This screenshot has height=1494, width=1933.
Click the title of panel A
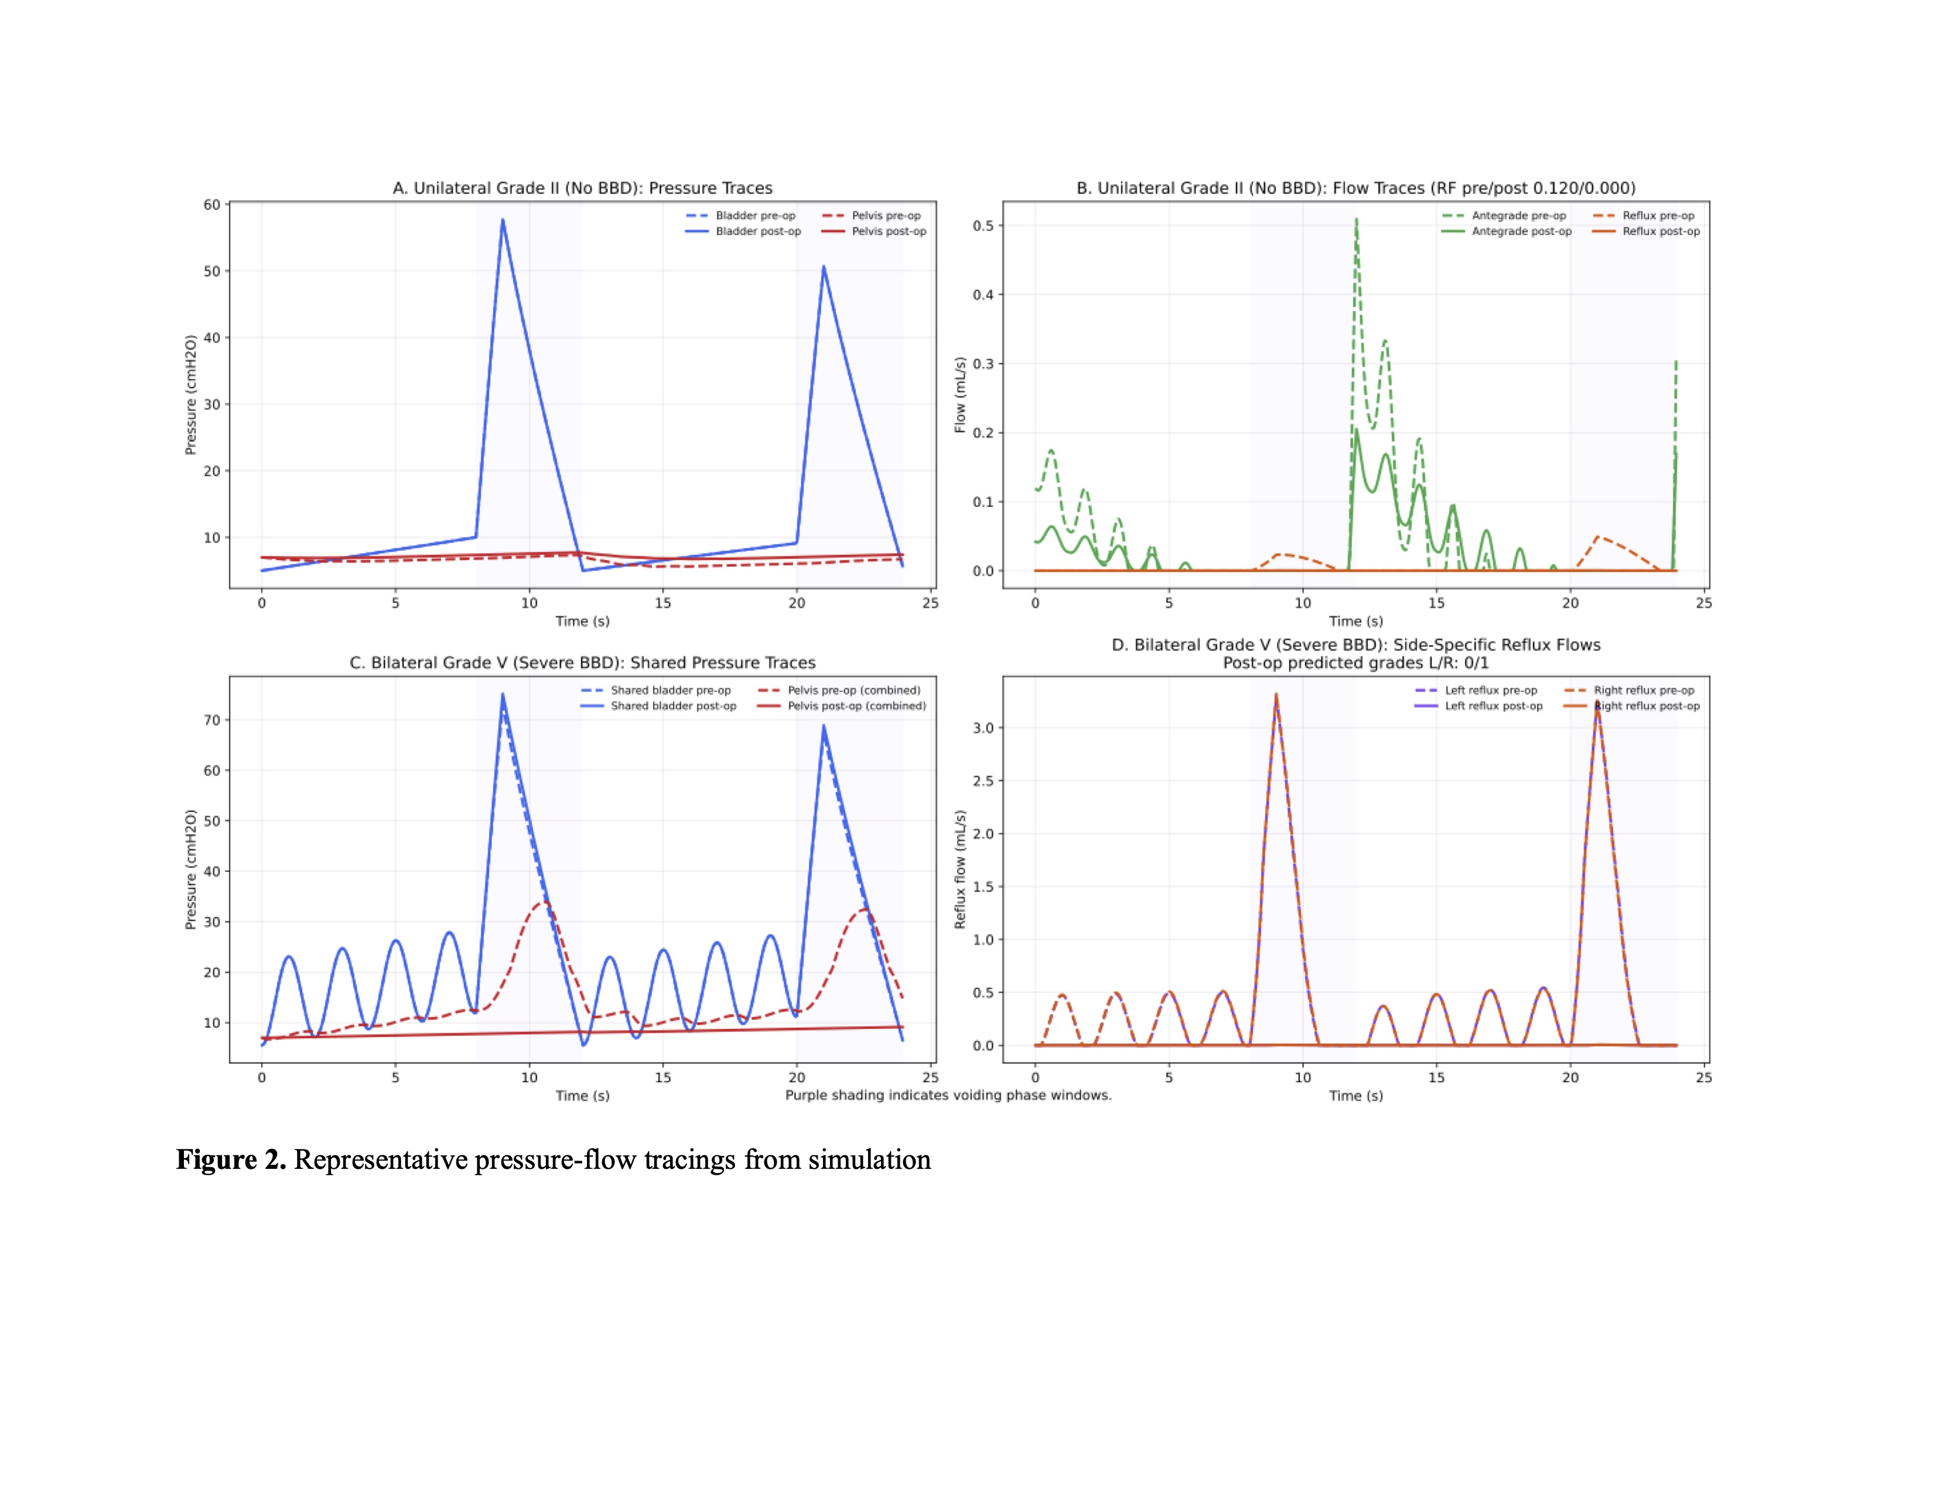pyautogui.click(x=582, y=187)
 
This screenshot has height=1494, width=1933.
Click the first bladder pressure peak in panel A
pyautogui.click(x=503, y=220)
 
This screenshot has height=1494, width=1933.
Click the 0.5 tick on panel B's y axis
pyautogui.click(x=983, y=226)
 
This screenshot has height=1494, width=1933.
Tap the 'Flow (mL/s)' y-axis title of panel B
pyautogui.click(x=959, y=395)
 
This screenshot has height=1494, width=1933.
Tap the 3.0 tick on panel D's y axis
pyautogui.click(x=983, y=728)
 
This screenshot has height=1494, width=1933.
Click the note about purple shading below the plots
pyautogui.click(x=948, y=1095)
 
